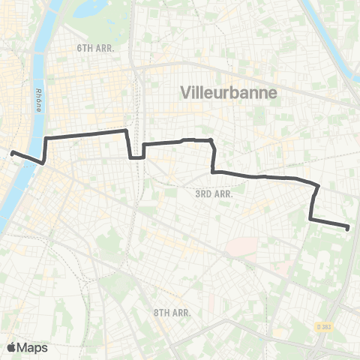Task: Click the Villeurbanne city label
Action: click(x=229, y=92)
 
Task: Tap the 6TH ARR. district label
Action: click(x=94, y=48)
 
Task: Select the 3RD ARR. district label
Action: click(x=214, y=193)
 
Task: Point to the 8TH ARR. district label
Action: click(x=172, y=312)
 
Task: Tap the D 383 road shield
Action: click(x=323, y=327)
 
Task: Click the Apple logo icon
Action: click(x=11, y=347)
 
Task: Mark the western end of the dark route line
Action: click(x=13, y=153)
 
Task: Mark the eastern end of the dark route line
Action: click(x=349, y=226)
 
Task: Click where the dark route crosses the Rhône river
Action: click(x=34, y=160)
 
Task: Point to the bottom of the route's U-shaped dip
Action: click(x=136, y=157)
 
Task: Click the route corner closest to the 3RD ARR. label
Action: click(x=214, y=172)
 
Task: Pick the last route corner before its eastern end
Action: click(x=310, y=219)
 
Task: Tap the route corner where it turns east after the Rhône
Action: click(x=46, y=139)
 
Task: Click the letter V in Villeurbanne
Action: click(x=185, y=92)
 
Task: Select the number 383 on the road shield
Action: click(x=325, y=327)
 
